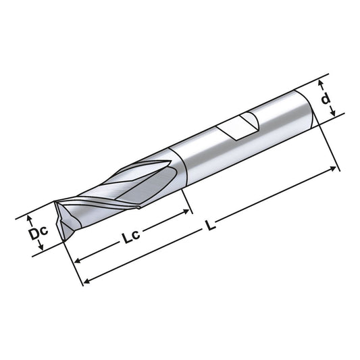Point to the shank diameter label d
point(326,99)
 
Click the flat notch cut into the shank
point(240,126)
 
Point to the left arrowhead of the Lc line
point(77,259)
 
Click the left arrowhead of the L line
point(84,282)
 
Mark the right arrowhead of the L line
point(336,165)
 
